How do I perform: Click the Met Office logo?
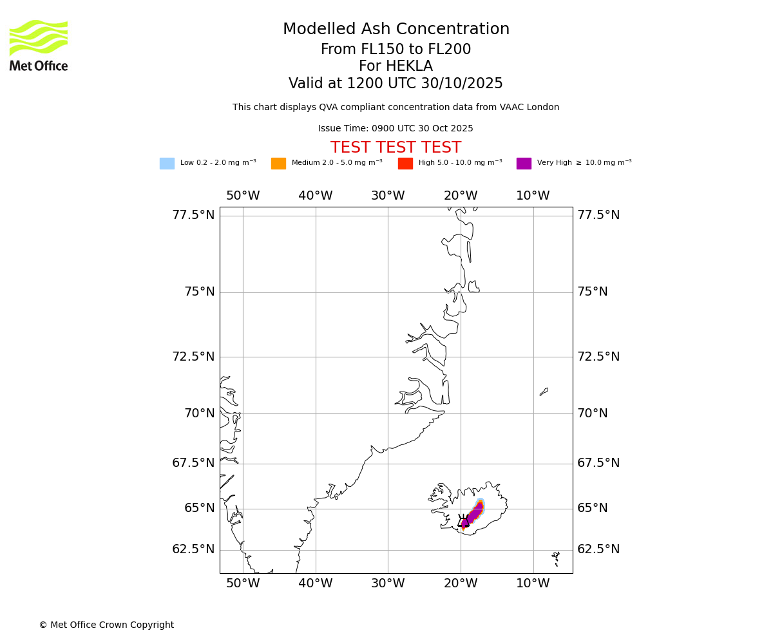coord(39,45)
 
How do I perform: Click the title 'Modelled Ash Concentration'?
coord(396,30)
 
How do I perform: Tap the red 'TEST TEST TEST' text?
coord(396,147)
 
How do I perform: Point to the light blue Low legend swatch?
coord(167,164)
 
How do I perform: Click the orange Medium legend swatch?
coord(278,164)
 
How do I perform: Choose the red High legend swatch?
coord(405,164)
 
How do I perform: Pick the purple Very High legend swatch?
coord(524,164)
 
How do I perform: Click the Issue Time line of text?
coord(396,129)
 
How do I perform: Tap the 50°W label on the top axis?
coord(243,196)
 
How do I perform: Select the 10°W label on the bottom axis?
coord(533,583)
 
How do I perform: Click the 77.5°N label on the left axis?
coord(193,215)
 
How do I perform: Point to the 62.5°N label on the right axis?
coord(598,549)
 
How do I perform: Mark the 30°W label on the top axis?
coord(388,196)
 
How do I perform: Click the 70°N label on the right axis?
coord(593,413)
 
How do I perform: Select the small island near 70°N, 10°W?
coord(544,392)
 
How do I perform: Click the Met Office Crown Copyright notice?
coord(106,625)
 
